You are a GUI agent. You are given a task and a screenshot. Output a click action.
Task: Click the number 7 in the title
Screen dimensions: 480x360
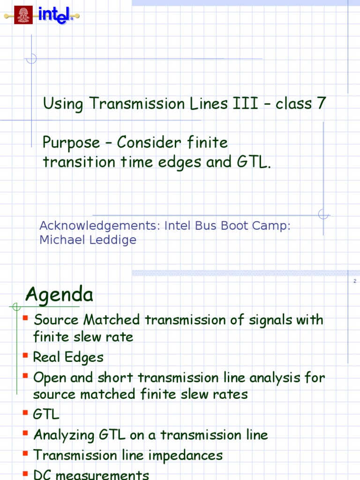pos(321,104)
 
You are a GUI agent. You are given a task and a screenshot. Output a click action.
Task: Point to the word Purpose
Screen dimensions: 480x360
pos(71,142)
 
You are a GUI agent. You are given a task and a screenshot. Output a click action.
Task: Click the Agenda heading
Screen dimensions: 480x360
pos(60,295)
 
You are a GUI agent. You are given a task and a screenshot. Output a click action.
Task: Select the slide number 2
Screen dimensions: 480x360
pos(354,281)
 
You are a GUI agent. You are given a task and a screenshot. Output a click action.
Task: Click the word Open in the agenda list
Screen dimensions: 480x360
pos(48,378)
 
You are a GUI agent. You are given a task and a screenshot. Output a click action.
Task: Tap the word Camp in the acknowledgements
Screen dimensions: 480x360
pos(271,225)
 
